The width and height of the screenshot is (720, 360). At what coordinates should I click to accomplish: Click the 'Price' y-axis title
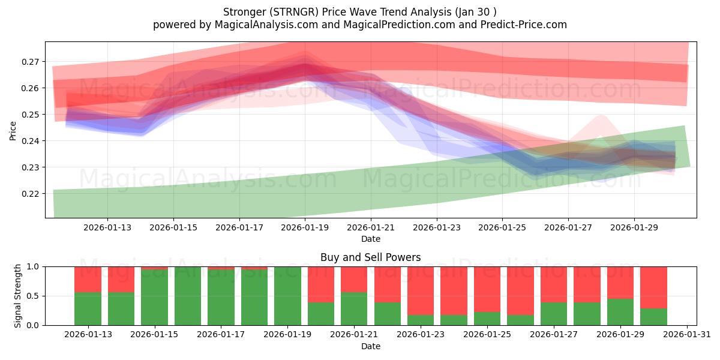click(x=13, y=130)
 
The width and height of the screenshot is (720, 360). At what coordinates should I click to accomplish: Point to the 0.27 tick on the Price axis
click(x=31, y=62)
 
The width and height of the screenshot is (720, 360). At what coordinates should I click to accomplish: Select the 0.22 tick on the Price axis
click(x=31, y=194)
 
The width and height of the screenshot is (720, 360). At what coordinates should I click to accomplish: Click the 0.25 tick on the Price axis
click(x=31, y=115)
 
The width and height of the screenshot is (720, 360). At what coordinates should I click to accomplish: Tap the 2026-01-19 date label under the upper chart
click(x=305, y=227)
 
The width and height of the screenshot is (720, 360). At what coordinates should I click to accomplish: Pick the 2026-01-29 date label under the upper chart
click(x=635, y=227)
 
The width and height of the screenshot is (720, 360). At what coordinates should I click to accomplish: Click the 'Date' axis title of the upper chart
click(x=370, y=239)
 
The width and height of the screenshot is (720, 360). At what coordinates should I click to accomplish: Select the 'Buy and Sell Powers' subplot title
click(x=370, y=257)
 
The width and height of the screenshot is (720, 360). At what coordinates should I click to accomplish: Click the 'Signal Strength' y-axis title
click(x=18, y=296)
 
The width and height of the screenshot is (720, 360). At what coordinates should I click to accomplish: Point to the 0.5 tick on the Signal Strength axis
click(x=33, y=296)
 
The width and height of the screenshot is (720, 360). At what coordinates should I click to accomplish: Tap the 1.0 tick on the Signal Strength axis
click(x=33, y=266)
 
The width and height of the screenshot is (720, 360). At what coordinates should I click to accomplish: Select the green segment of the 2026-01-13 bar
click(x=88, y=309)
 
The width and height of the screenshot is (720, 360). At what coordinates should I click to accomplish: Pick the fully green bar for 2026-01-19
click(x=287, y=296)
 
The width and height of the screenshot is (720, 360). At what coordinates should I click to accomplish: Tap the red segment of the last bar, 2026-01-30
click(x=653, y=287)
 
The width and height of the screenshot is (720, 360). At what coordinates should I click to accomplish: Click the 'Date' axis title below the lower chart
click(x=370, y=346)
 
